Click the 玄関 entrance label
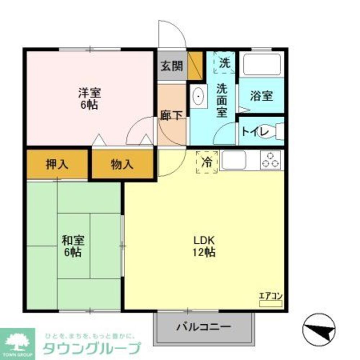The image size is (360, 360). pos(172,66)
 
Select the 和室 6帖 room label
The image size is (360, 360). pos(73,246)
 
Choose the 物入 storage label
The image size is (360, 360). pos(122,165)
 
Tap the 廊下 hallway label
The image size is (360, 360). pos(171,115)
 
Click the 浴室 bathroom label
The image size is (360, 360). pos(261,96)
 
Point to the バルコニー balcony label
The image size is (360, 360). pos(203,328)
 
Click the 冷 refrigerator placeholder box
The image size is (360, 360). pos(207,162)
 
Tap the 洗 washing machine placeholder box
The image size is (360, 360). pos(224,63)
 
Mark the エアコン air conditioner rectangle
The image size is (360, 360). pos(271,303)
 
